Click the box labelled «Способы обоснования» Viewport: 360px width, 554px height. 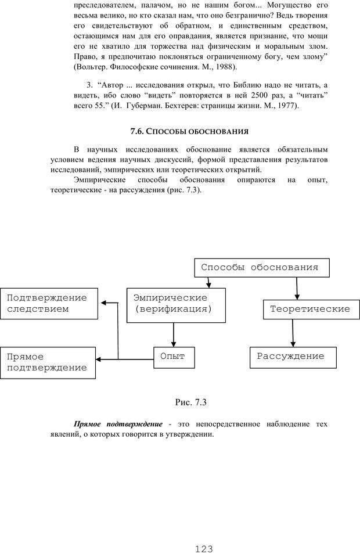point(260,268)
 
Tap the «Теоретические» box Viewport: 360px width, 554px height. point(310,310)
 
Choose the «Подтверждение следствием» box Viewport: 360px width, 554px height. point(48,304)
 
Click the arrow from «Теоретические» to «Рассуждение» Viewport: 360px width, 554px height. point(293,333)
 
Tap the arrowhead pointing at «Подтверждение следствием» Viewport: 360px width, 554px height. point(104,303)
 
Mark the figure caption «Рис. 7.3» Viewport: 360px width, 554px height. point(191,401)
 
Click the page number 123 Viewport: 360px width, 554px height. point(204,548)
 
